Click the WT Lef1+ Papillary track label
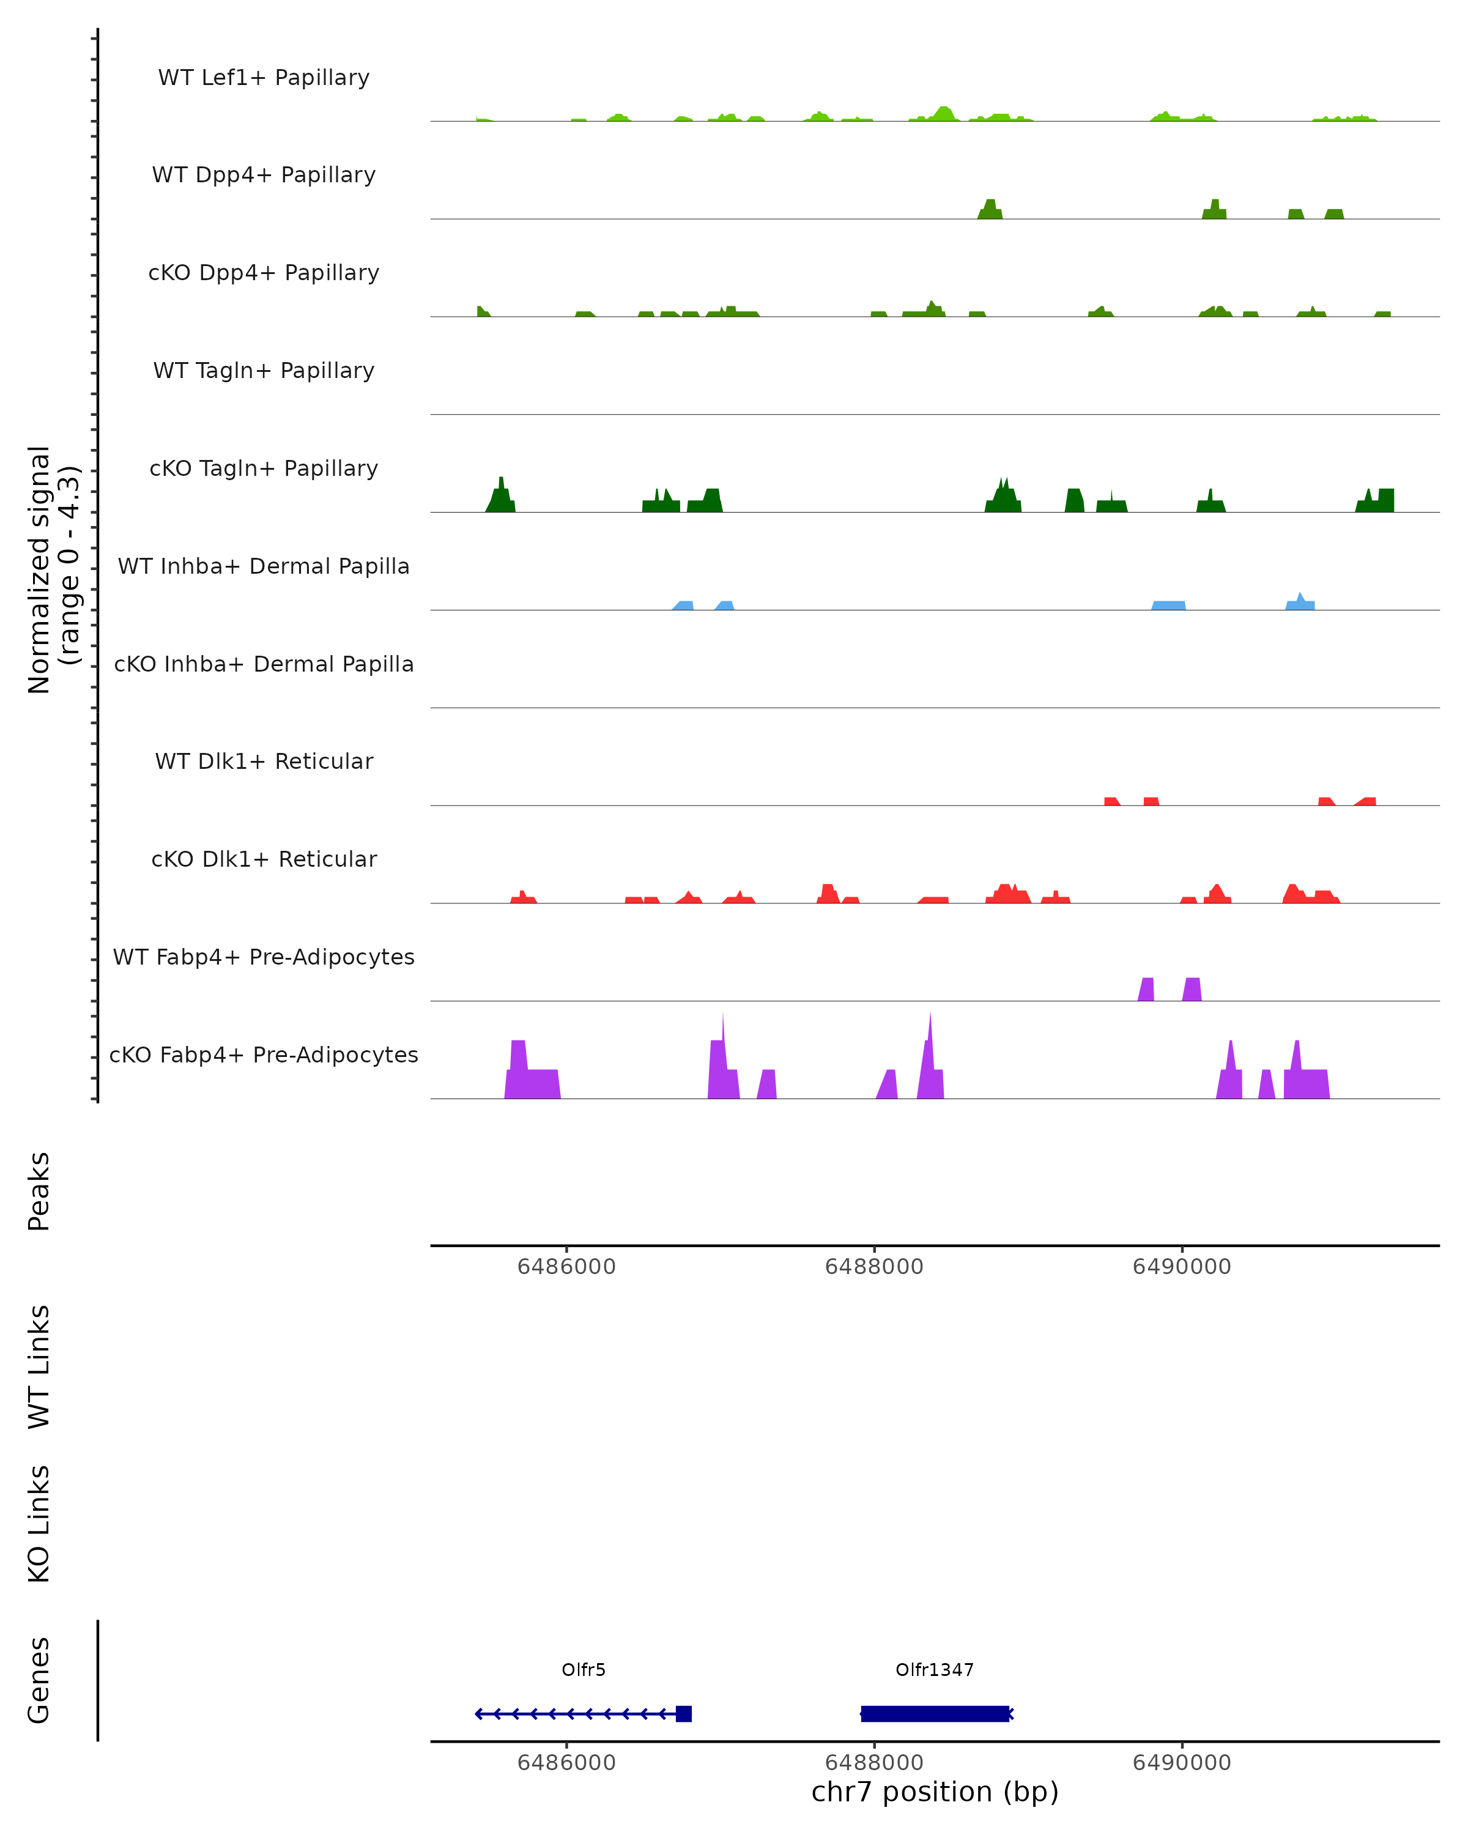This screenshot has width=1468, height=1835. coord(264,78)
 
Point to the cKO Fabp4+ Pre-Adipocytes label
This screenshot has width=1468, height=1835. coord(264,1055)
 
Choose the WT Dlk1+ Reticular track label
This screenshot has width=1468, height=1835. coord(264,761)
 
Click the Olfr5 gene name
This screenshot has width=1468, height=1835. coord(584,1669)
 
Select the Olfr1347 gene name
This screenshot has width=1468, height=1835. coord(935,1669)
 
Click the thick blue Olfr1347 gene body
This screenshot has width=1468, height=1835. coord(935,1713)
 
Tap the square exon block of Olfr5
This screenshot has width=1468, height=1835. coord(683,1713)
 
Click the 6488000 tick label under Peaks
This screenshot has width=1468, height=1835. coord(874,1267)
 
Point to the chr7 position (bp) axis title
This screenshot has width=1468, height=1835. coord(935,1792)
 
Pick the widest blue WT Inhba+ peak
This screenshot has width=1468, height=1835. coord(1168,605)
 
